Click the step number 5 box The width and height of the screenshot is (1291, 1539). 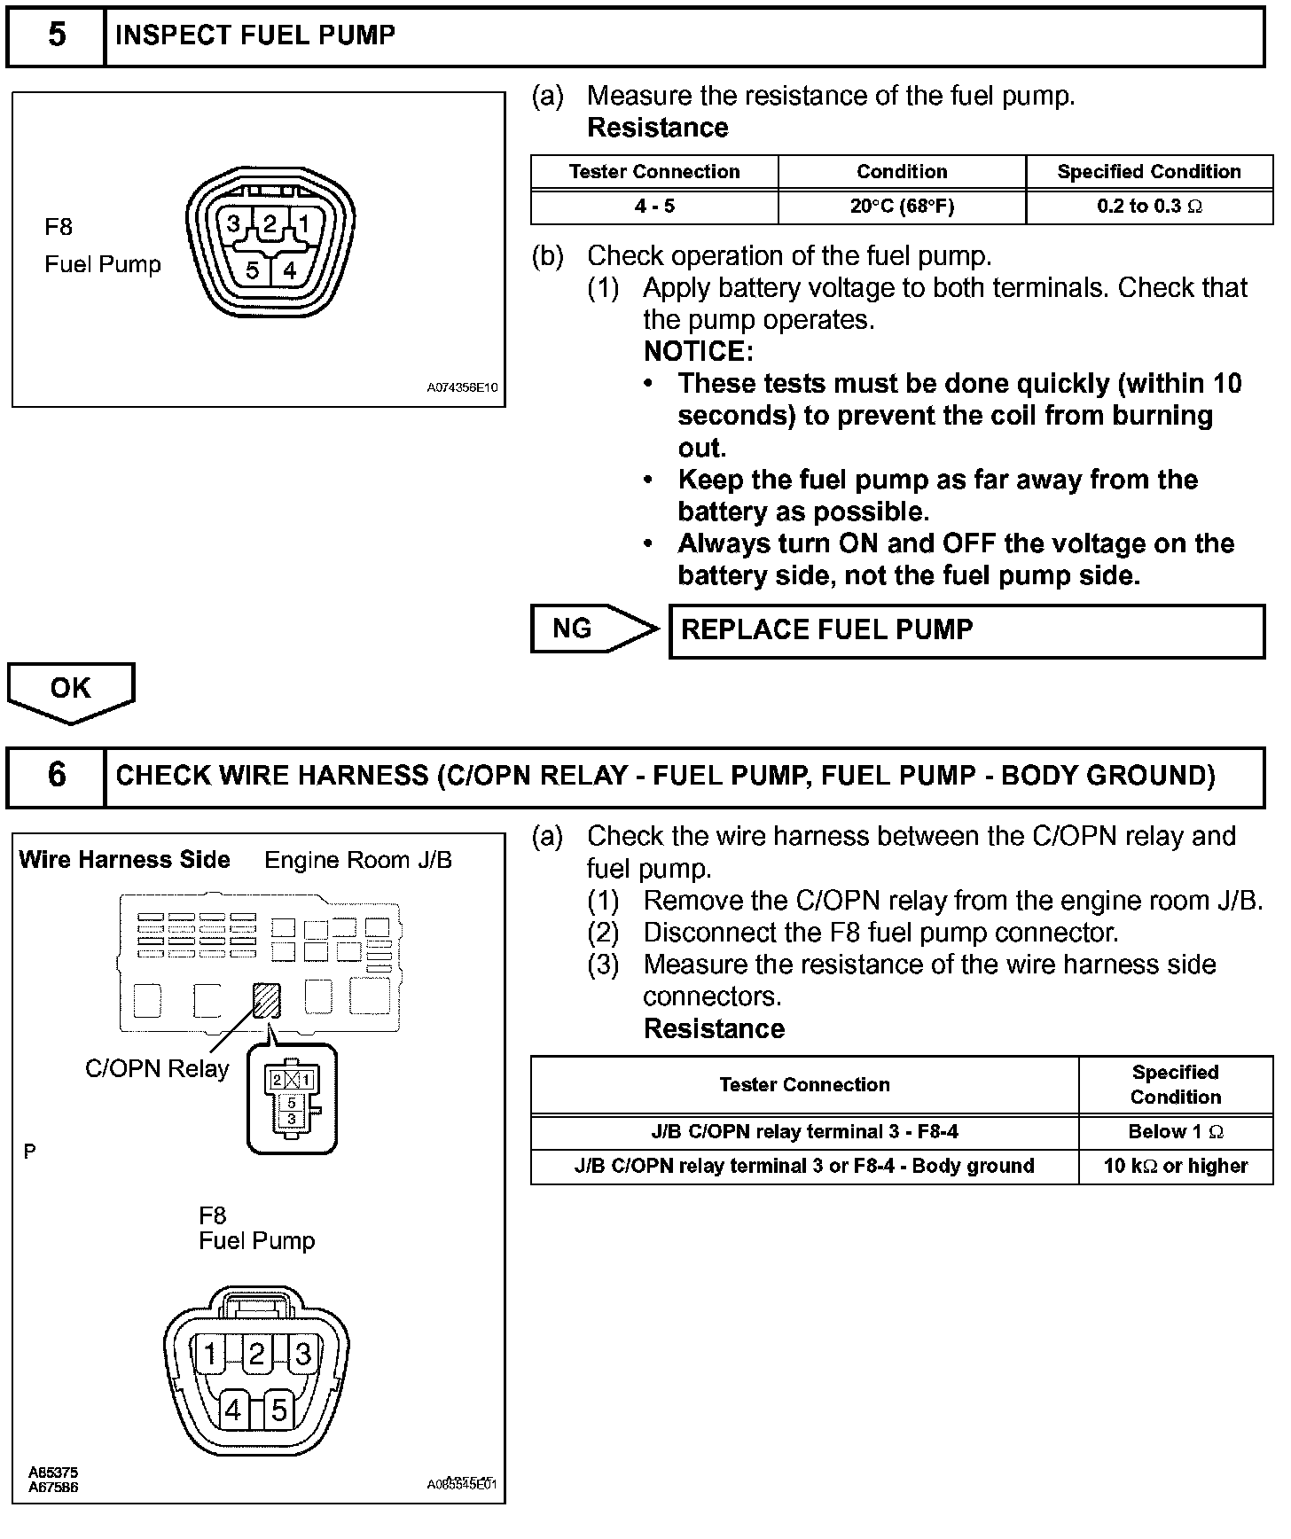coord(56,36)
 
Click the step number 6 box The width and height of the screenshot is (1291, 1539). coord(56,776)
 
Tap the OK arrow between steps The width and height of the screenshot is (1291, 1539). coord(71,689)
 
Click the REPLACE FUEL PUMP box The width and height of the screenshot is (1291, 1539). coord(966,630)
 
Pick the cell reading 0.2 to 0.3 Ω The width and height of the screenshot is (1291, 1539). coord(1149,207)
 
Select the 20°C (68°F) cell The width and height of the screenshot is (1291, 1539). coord(902,207)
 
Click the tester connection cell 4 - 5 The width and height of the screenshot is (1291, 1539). coord(654,207)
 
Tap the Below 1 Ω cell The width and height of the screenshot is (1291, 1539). coord(1176,1132)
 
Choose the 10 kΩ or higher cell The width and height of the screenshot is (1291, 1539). coord(1176,1166)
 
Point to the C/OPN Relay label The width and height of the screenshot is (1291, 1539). coord(157,1069)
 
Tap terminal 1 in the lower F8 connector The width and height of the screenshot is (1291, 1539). coord(210,1355)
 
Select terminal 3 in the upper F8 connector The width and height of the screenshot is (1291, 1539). coord(233,224)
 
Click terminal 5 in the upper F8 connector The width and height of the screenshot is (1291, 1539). coord(253,270)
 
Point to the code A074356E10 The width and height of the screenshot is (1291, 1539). coord(462,388)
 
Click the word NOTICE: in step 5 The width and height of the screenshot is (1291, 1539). coord(698,352)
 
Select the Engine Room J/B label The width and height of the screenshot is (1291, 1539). coord(358,860)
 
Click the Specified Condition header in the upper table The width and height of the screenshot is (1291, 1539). coord(1149,172)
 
